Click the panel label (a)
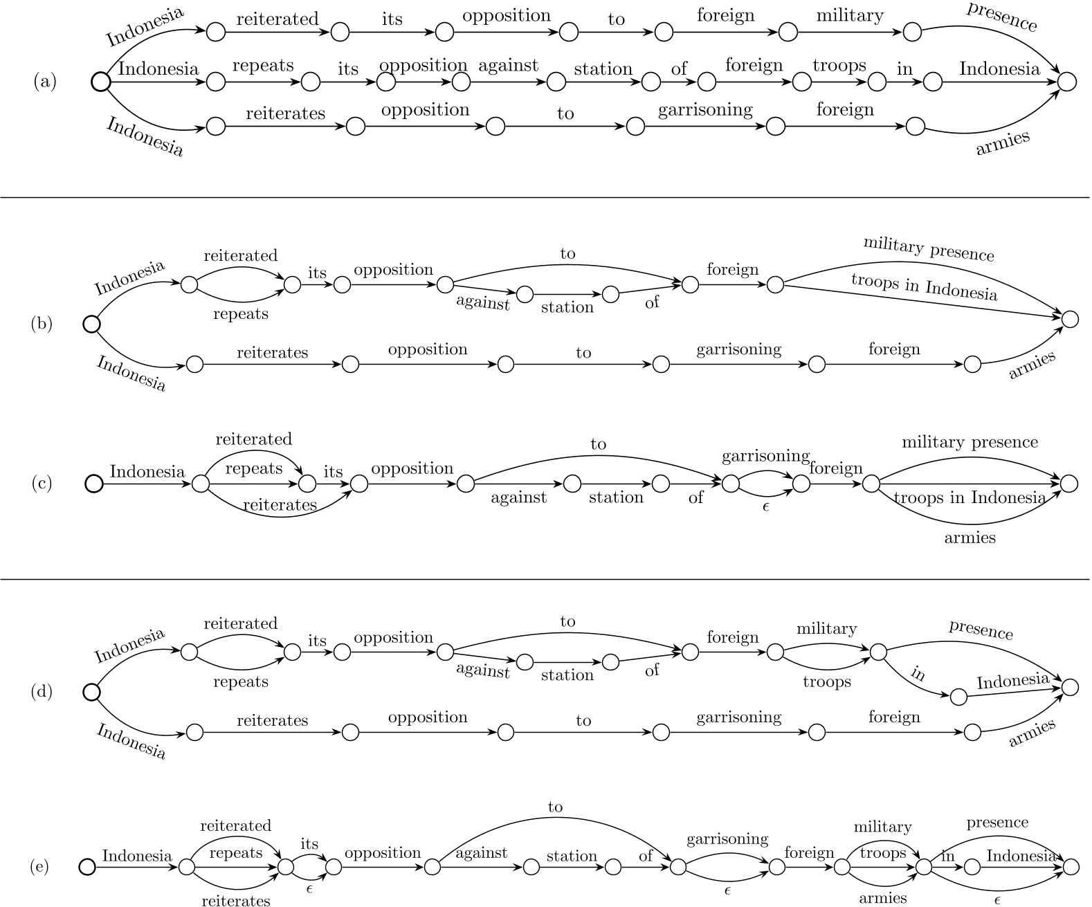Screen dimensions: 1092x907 click(45, 82)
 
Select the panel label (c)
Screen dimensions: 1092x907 click(42, 483)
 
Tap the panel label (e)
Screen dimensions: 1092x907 click(39, 867)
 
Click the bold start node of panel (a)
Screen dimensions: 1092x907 click(101, 82)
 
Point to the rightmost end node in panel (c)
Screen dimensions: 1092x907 click(1070, 484)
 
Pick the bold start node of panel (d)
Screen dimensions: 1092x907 click(91, 692)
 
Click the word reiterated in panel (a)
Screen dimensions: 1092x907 click(277, 19)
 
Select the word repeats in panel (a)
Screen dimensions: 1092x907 click(263, 66)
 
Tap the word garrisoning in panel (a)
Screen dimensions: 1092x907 click(705, 110)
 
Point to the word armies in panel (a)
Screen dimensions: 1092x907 click(1003, 143)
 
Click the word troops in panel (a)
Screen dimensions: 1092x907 click(839, 66)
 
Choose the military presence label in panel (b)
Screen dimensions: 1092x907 click(928, 249)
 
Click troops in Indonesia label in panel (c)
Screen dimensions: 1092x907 click(969, 497)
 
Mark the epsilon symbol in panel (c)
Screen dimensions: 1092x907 click(765, 506)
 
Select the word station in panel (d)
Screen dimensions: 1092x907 click(567, 675)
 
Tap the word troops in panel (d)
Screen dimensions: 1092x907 click(827, 682)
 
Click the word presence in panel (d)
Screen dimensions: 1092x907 click(981, 630)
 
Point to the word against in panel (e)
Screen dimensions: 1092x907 click(481, 854)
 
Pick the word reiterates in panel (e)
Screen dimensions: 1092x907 click(236, 900)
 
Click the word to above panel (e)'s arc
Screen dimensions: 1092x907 click(556, 807)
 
